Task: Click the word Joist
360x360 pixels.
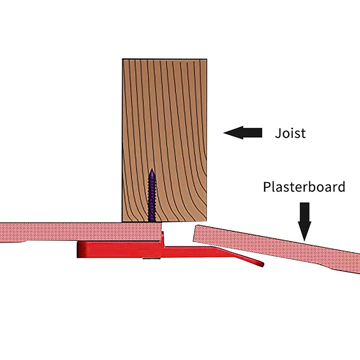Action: coord(290,133)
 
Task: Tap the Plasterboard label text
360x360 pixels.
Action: coord(305,187)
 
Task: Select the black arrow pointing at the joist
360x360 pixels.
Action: coord(243,132)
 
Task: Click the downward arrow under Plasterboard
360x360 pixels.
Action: coord(305,220)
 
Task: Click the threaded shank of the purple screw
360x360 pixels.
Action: coord(152,198)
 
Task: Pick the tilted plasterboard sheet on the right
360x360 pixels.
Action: coord(279,245)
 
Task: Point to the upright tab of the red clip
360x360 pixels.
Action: coord(164,236)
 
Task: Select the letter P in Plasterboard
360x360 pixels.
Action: coord(266,187)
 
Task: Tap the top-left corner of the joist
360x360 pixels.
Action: coord(123,58)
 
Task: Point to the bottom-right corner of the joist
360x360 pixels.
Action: coord(207,221)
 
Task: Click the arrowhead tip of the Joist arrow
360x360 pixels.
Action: coord(225,132)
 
